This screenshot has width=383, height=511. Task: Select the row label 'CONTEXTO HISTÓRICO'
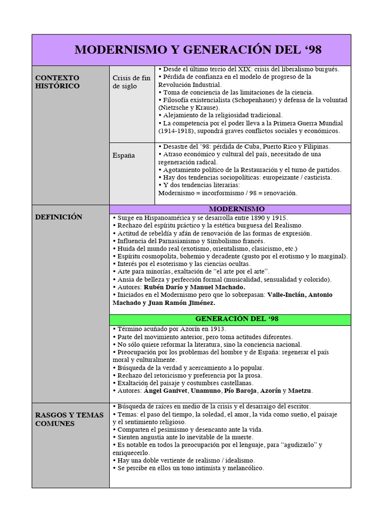(x=57, y=82)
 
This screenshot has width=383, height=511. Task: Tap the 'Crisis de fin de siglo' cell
(x=131, y=82)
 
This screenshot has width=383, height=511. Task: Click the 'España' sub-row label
(x=124, y=155)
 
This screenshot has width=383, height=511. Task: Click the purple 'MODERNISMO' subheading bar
(x=229, y=209)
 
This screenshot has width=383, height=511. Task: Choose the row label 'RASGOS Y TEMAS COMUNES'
(x=69, y=419)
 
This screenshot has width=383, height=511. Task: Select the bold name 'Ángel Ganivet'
(x=167, y=390)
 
